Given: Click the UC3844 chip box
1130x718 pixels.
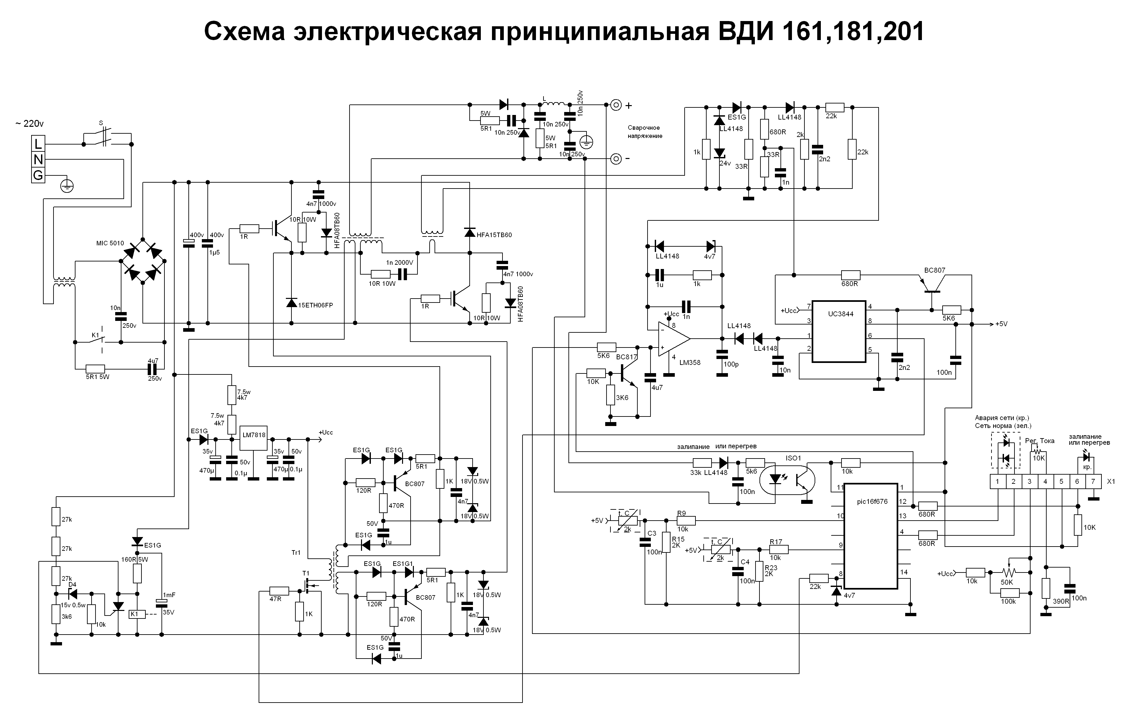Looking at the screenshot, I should pos(839,331).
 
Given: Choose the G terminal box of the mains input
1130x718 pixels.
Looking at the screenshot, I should pos(38,176).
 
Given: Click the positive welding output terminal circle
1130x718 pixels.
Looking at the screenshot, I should pos(616,105).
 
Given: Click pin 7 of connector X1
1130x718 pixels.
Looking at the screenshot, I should pos(1093,481).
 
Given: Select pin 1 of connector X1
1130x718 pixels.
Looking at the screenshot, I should pos(998,481).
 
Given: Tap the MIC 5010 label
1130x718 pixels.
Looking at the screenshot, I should pos(110,243).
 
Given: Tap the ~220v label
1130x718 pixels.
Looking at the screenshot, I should pos(29,124).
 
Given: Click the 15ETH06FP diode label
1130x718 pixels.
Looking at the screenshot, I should pos(315,305).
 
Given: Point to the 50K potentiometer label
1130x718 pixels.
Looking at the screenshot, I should pos(1007,582).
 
